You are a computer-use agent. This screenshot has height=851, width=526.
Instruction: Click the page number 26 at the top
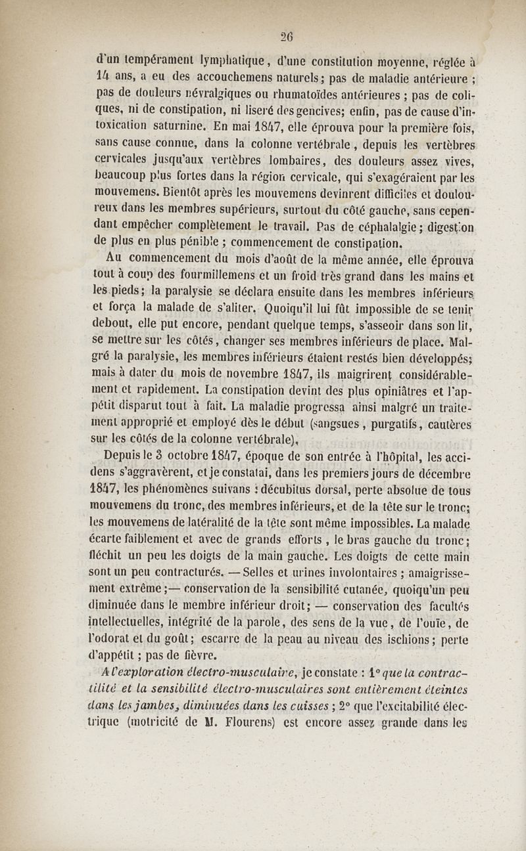click(x=287, y=37)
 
